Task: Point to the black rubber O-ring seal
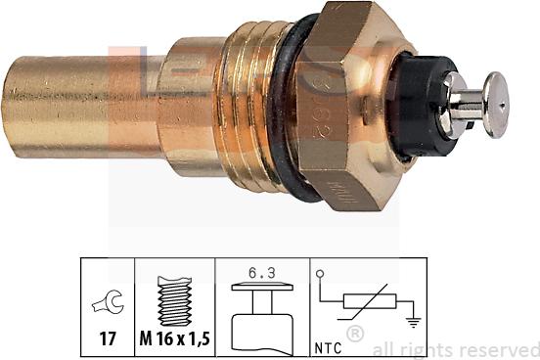[292, 108]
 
